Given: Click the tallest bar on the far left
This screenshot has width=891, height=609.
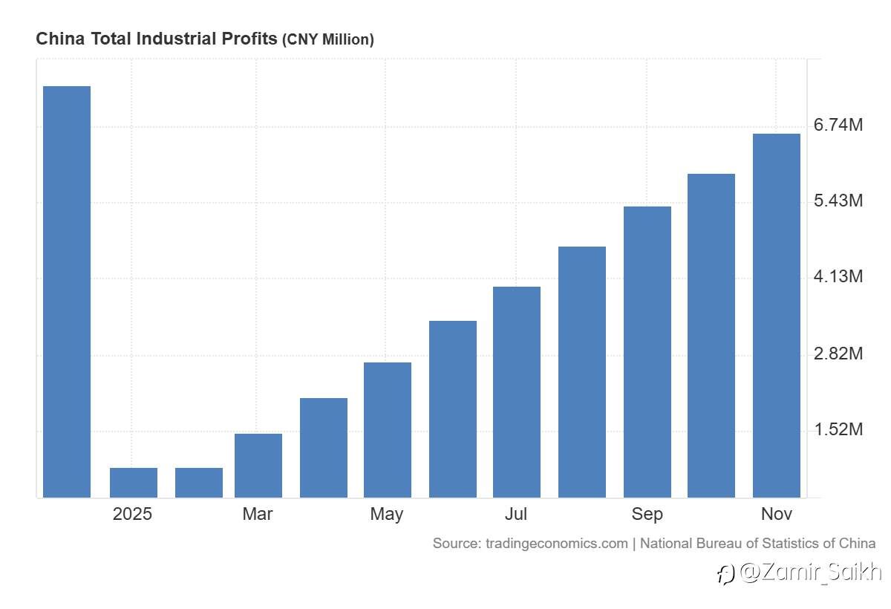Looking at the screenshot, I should [x=67, y=291].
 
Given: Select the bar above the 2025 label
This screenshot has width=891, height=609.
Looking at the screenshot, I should [x=134, y=483].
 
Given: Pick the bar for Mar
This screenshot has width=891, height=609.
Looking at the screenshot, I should [x=258, y=466].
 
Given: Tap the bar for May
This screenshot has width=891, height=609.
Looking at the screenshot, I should [x=388, y=430].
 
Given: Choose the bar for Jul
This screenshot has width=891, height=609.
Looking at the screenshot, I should [x=517, y=392].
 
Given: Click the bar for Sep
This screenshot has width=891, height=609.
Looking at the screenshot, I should [x=647, y=352].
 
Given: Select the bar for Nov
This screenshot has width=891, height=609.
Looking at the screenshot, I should [x=777, y=316].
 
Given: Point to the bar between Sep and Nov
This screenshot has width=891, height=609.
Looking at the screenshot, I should [x=711, y=336].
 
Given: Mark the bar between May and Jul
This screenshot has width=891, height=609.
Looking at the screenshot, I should [x=453, y=409].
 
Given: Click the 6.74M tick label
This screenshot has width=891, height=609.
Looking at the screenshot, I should [x=838, y=125].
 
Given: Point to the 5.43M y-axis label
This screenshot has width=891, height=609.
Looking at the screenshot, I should [x=838, y=201].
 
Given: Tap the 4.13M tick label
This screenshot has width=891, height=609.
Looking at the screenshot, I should [x=838, y=277].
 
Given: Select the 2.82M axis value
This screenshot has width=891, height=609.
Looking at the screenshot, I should [x=838, y=354].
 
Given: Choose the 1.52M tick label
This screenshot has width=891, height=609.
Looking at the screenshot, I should [x=838, y=430].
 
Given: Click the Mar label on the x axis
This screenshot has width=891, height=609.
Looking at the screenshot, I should [x=258, y=514].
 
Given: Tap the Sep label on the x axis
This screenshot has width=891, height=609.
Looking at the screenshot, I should [x=647, y=514].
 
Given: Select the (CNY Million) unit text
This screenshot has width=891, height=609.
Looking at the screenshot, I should [x=327, y=39].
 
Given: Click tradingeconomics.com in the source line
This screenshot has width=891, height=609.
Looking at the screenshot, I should [x=556, y=544].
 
